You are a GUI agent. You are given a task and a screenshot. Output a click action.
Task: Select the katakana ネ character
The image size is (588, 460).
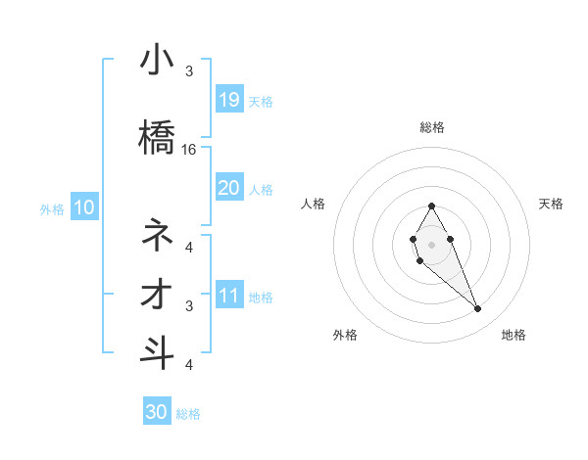(157, 235)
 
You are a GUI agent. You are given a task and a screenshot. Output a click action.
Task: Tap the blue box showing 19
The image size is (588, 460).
(228, 99)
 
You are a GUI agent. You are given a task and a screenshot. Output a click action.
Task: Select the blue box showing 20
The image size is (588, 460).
(228, 187)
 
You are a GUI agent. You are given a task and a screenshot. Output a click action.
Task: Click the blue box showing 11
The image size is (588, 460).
(228, 296)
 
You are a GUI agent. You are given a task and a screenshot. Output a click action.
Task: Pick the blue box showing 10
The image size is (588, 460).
(83, 207)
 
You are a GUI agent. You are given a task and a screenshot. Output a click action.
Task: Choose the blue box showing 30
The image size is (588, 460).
(157, 412)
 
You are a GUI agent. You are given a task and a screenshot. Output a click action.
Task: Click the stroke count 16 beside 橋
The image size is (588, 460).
(190, 150)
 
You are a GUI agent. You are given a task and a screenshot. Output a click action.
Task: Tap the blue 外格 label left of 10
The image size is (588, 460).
(51, 208)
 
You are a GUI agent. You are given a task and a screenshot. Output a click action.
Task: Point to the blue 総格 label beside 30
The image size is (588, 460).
(188, 414)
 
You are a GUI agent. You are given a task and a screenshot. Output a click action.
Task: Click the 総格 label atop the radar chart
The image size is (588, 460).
(431, 127)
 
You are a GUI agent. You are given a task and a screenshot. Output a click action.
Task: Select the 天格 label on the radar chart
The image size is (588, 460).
(551, 204)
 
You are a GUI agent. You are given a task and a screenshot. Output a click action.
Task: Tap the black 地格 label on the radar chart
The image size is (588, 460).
(514, 335)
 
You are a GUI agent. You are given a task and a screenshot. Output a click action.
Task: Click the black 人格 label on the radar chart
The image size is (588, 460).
(314, 204)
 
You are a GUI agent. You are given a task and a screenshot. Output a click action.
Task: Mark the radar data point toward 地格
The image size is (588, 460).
(478, 309)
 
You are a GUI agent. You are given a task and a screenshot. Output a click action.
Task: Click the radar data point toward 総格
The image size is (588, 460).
(431, 206)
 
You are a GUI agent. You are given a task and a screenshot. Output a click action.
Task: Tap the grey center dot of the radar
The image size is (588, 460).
(431, 243)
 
